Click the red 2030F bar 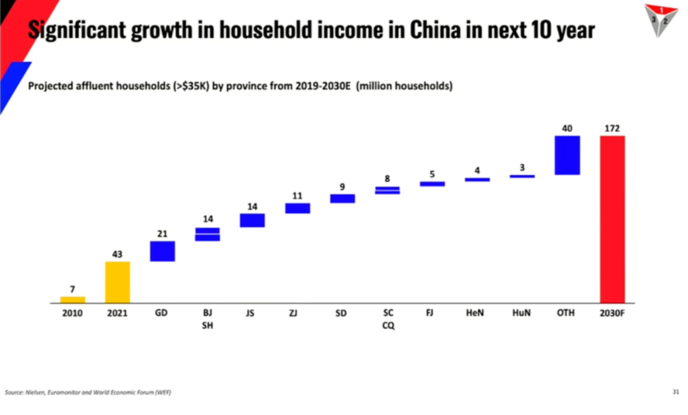click(612, 219)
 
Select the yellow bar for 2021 click(117, 282)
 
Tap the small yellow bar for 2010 click(73, 299)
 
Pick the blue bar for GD click(162, 251)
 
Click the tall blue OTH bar click(567, 155)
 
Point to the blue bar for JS click(252, 220)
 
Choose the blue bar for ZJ click(297, 208)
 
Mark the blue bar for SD click(342, 199)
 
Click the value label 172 click(612, 129)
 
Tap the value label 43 click(117, 254)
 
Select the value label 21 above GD click(162, 234)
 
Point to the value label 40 click(567, 129)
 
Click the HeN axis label click(475, 314)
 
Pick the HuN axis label click(521, 314)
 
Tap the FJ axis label click(431, 314)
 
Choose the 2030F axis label click(612, 314)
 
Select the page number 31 click(676, 391)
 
